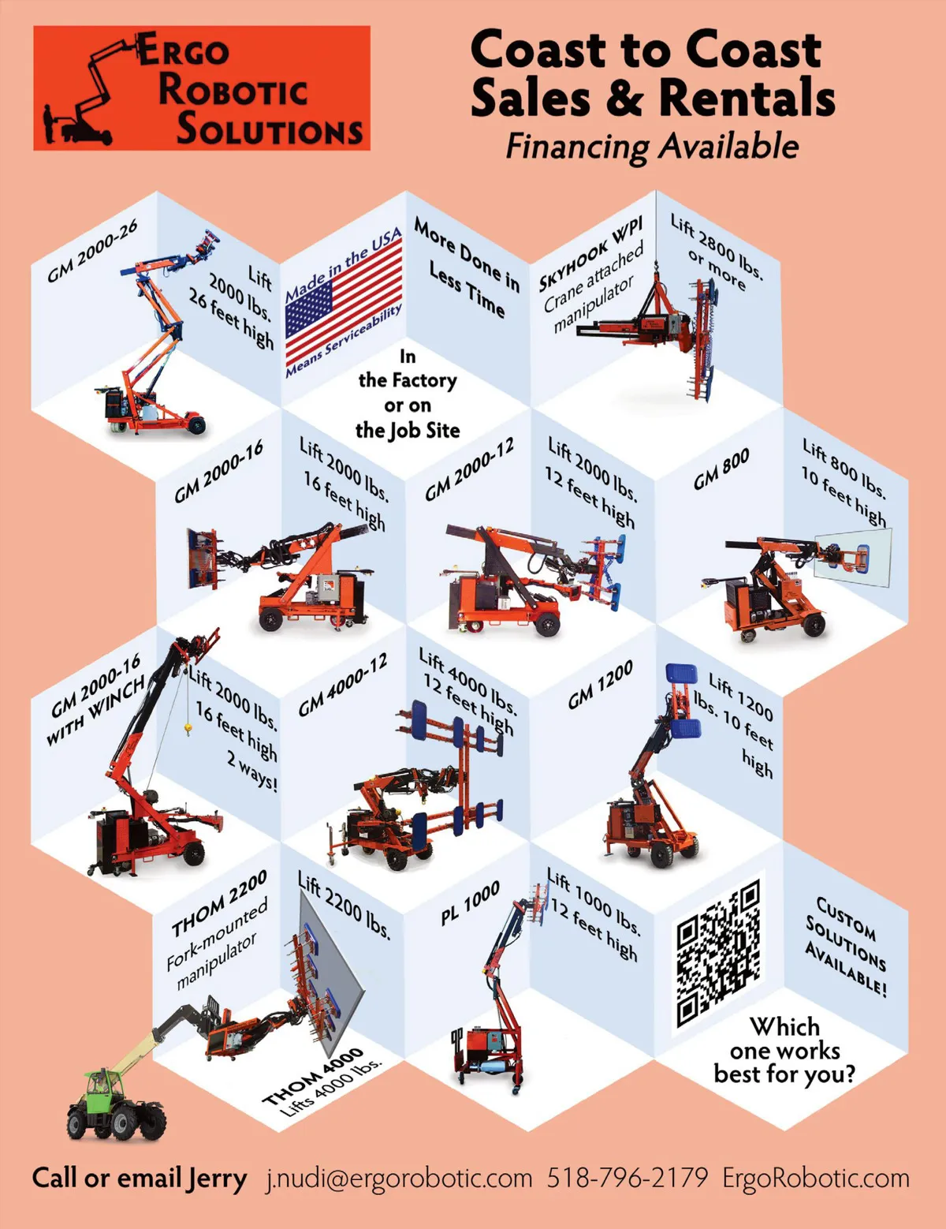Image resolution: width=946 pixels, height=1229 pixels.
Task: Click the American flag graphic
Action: [344, 302]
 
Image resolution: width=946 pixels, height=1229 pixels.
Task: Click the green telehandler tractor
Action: [115, 1100]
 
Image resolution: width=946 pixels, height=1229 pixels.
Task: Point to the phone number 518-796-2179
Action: [627, 1178]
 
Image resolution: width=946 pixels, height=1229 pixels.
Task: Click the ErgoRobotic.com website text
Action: [816, 1179]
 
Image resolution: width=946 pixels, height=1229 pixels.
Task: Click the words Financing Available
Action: [652, 146]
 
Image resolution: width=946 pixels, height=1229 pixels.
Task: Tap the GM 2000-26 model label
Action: [92, 250]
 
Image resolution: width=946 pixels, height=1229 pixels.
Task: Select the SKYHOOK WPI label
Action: [590, 256]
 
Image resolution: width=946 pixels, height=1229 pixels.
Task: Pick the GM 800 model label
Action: [721, 469]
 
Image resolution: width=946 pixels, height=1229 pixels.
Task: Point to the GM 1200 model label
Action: [600, 684]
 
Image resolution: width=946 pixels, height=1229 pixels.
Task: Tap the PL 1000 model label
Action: [470, 902]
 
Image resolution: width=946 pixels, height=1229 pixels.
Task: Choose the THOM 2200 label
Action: [218, 904]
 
